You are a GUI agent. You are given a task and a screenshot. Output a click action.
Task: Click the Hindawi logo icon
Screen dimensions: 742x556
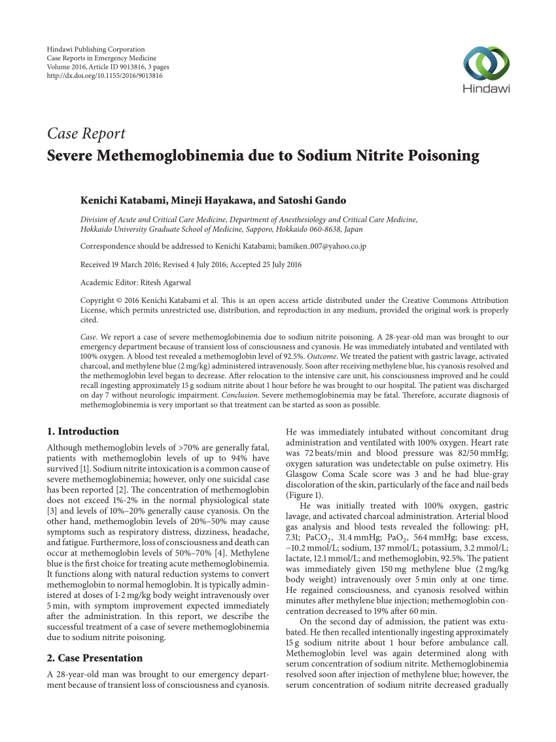point(486,65)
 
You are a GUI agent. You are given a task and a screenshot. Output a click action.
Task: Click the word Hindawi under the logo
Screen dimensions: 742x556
point(486,89)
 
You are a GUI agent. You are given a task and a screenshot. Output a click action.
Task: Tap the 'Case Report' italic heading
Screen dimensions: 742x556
point(86,133)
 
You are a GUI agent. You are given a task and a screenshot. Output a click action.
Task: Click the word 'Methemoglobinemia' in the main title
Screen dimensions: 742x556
point(156,156)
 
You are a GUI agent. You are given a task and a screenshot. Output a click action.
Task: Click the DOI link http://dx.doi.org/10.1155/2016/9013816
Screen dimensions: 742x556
point(105,76)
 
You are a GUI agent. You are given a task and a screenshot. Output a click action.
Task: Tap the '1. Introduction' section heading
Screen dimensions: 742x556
point(83,431)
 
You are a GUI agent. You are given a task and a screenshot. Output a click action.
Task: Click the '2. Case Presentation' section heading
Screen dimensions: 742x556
point(95,658)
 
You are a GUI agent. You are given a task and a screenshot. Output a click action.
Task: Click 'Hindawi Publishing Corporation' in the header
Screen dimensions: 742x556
point(96,50)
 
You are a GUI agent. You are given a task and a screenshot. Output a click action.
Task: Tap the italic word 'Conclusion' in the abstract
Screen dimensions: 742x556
point(239,395)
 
